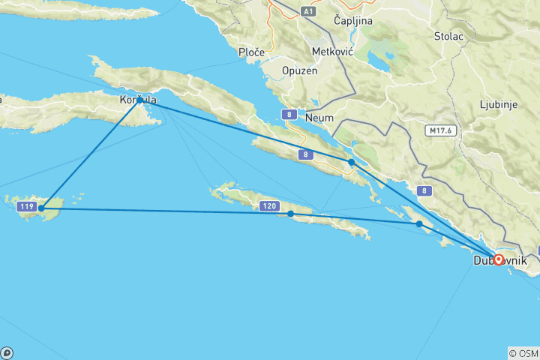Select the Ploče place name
point(249,52)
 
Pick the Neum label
point(319,117)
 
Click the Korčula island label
point(138,99)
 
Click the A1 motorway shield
point(308,11)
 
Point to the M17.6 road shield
point(441,130)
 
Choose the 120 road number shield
point(269,205)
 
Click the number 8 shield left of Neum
point(289,115)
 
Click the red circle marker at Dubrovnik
point(498,260)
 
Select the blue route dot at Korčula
point(140,100)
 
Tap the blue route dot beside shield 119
point(41,208)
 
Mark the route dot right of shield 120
point(291,214)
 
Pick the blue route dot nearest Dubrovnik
point(419,224)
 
